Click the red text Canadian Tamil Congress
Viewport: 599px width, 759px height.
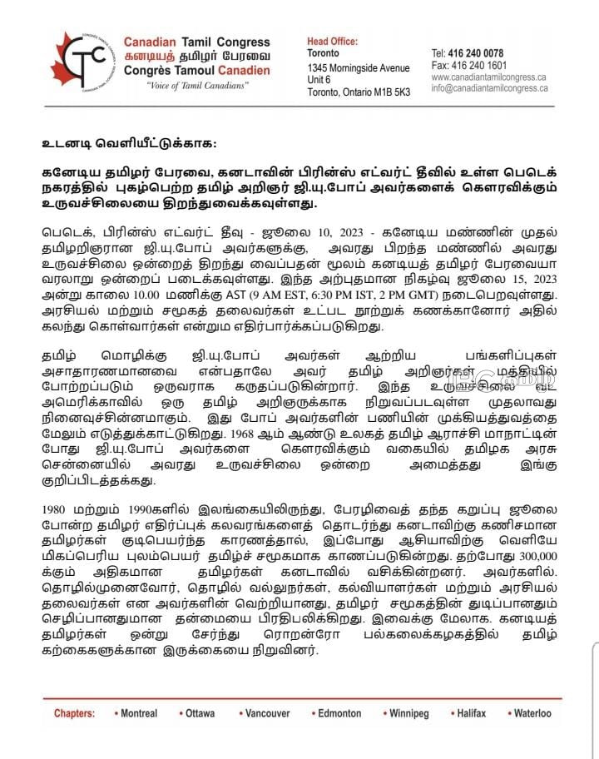point(196,42)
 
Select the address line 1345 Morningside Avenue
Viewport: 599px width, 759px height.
point(358,67)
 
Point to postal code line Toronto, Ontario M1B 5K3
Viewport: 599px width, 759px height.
point(359,92)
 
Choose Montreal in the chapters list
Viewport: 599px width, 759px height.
point(138,713)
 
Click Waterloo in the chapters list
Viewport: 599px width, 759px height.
point(532,713)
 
